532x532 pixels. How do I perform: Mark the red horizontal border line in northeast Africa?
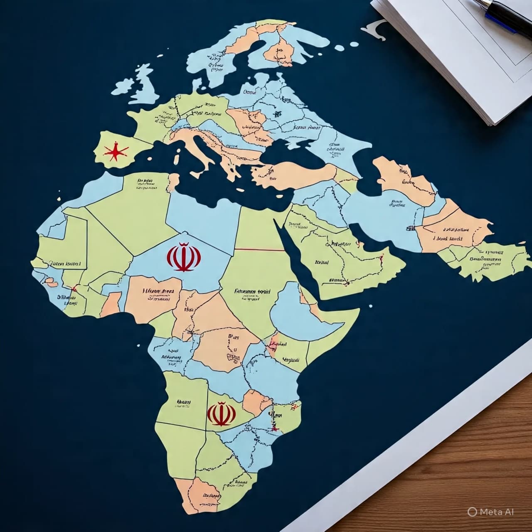[260, 250]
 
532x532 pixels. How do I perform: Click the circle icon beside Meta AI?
[472, 512]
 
